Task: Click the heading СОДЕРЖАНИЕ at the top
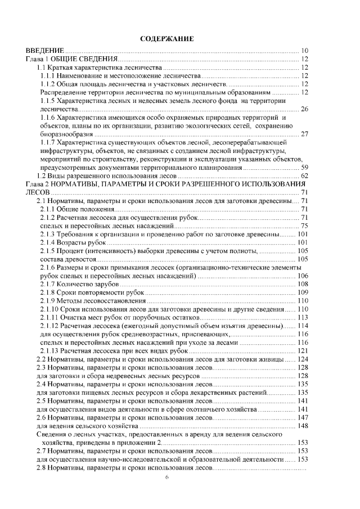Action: tap(166, 39)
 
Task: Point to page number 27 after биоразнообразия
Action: tap(305, 134)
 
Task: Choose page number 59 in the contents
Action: tap(305, 167)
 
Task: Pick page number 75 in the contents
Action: tap(305, 226)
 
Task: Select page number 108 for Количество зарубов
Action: tap(303, 284)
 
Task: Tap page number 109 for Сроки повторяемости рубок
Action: tap(303, 292)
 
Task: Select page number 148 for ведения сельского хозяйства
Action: tap(303, 426)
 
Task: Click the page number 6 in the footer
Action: tap(166, 477)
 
